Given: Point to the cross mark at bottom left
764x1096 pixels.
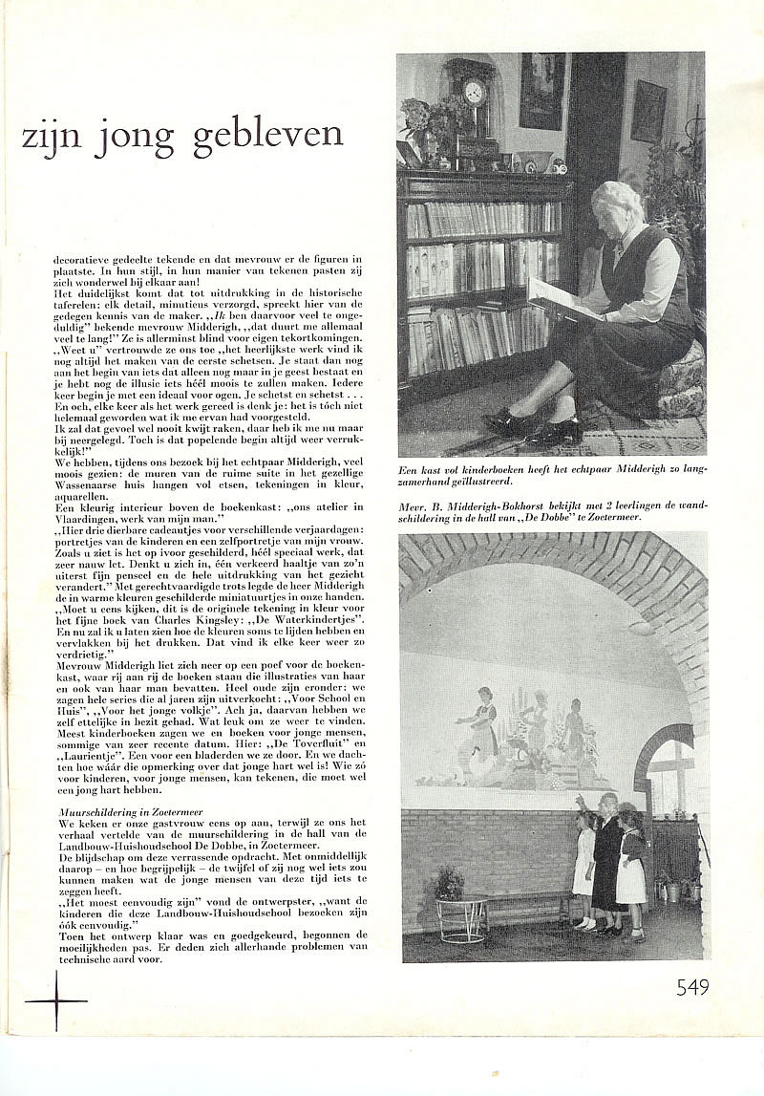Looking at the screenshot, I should pyautogui.click(x=54, y=1000).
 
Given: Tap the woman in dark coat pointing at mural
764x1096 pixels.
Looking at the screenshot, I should pyautogui.click(x=607, y=860).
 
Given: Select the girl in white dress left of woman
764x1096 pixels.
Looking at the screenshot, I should pyautogui.click(x=584, y=868).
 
